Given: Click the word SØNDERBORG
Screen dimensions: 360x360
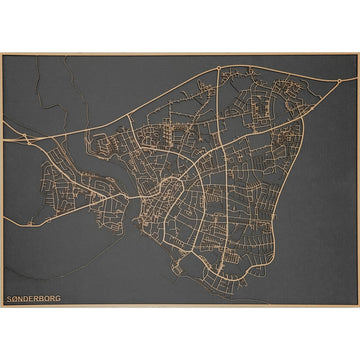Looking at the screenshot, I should tap(33, 298).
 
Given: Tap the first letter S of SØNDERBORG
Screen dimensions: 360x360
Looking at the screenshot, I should tap(9, 298).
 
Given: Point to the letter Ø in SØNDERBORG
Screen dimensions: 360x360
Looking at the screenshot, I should tap(15, 298).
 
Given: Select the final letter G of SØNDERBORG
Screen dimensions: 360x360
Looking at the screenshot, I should tap(57, 298).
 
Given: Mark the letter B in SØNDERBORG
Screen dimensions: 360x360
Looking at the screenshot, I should tap(40, 298).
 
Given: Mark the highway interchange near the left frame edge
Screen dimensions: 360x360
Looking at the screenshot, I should tap(29, 141).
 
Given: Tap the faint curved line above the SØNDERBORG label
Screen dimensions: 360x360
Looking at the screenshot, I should tap(30, 270).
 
